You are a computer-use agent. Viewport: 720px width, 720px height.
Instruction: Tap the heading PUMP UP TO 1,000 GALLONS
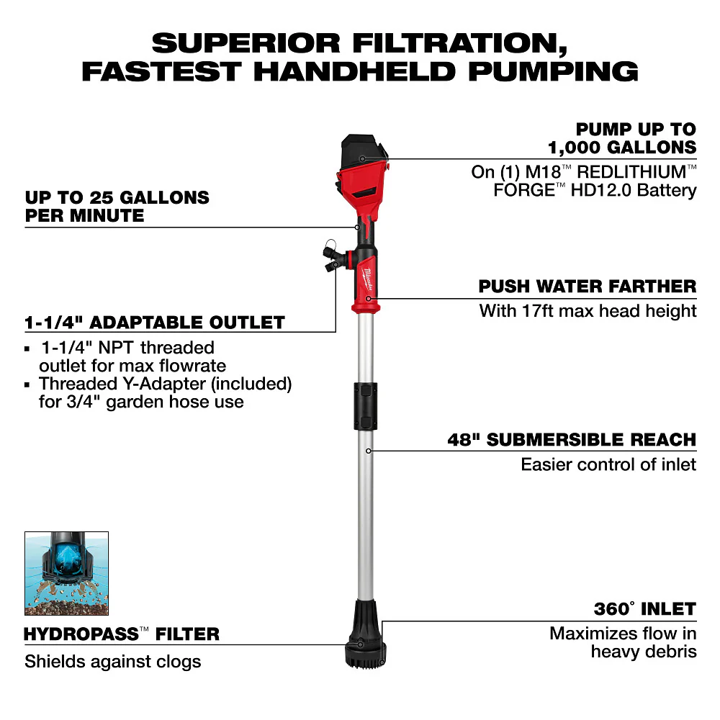(x=623, y=138)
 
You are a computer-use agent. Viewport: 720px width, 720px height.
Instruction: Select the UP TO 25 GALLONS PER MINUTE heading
(x=117, y=206)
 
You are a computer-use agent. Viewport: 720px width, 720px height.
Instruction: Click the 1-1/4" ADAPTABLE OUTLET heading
(x=155, y=322)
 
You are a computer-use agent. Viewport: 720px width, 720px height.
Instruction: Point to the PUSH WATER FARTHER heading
(x=588, y=287)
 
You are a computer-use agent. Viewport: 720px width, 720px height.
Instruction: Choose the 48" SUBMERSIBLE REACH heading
(x=572, y=439)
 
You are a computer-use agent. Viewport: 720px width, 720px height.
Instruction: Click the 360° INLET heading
(x=644, y=609)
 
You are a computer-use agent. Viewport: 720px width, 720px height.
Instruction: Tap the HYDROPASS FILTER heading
(x=122, y=634)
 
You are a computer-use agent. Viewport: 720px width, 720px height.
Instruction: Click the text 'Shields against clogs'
(x=113, y=661)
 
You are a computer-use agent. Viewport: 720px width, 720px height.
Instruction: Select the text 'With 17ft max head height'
(x=588, y=311)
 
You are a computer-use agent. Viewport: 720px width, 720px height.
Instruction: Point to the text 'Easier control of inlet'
(x=608, y=464)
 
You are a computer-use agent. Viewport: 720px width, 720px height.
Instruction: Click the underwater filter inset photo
(x=66, y=573)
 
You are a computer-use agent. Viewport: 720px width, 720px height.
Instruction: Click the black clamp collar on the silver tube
(x=367, y=405)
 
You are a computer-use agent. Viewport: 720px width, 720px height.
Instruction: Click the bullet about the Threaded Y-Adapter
(x=165, y=392)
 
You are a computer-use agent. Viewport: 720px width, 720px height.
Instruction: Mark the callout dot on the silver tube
(x=368, y=451)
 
